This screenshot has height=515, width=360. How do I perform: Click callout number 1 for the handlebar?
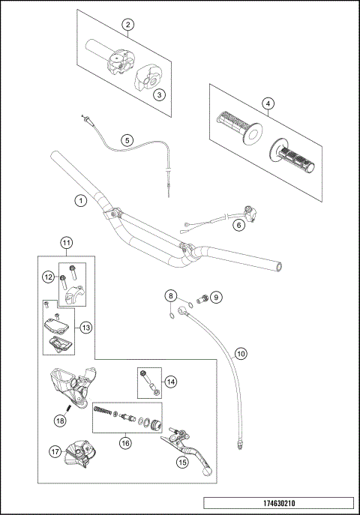(x=80, y=200)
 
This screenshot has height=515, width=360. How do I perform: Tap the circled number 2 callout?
(x=128, y=25)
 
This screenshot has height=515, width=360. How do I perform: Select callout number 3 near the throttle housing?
(x=158, y=94)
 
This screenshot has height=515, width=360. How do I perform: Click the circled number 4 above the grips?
(x=268, y=103)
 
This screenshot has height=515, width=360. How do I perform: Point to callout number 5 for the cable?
(x=127, y=139)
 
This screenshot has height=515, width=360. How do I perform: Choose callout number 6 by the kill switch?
(x=238, y=224)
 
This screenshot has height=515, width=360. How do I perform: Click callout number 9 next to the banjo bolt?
(x=217, y=297)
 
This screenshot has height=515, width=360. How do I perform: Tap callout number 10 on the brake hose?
(x=240, y=352)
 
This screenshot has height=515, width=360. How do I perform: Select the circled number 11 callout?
(x=66, y=242)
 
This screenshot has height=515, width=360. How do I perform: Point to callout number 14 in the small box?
(x=172, y=382)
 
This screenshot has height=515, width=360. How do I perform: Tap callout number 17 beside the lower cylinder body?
(x=55, y=451)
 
